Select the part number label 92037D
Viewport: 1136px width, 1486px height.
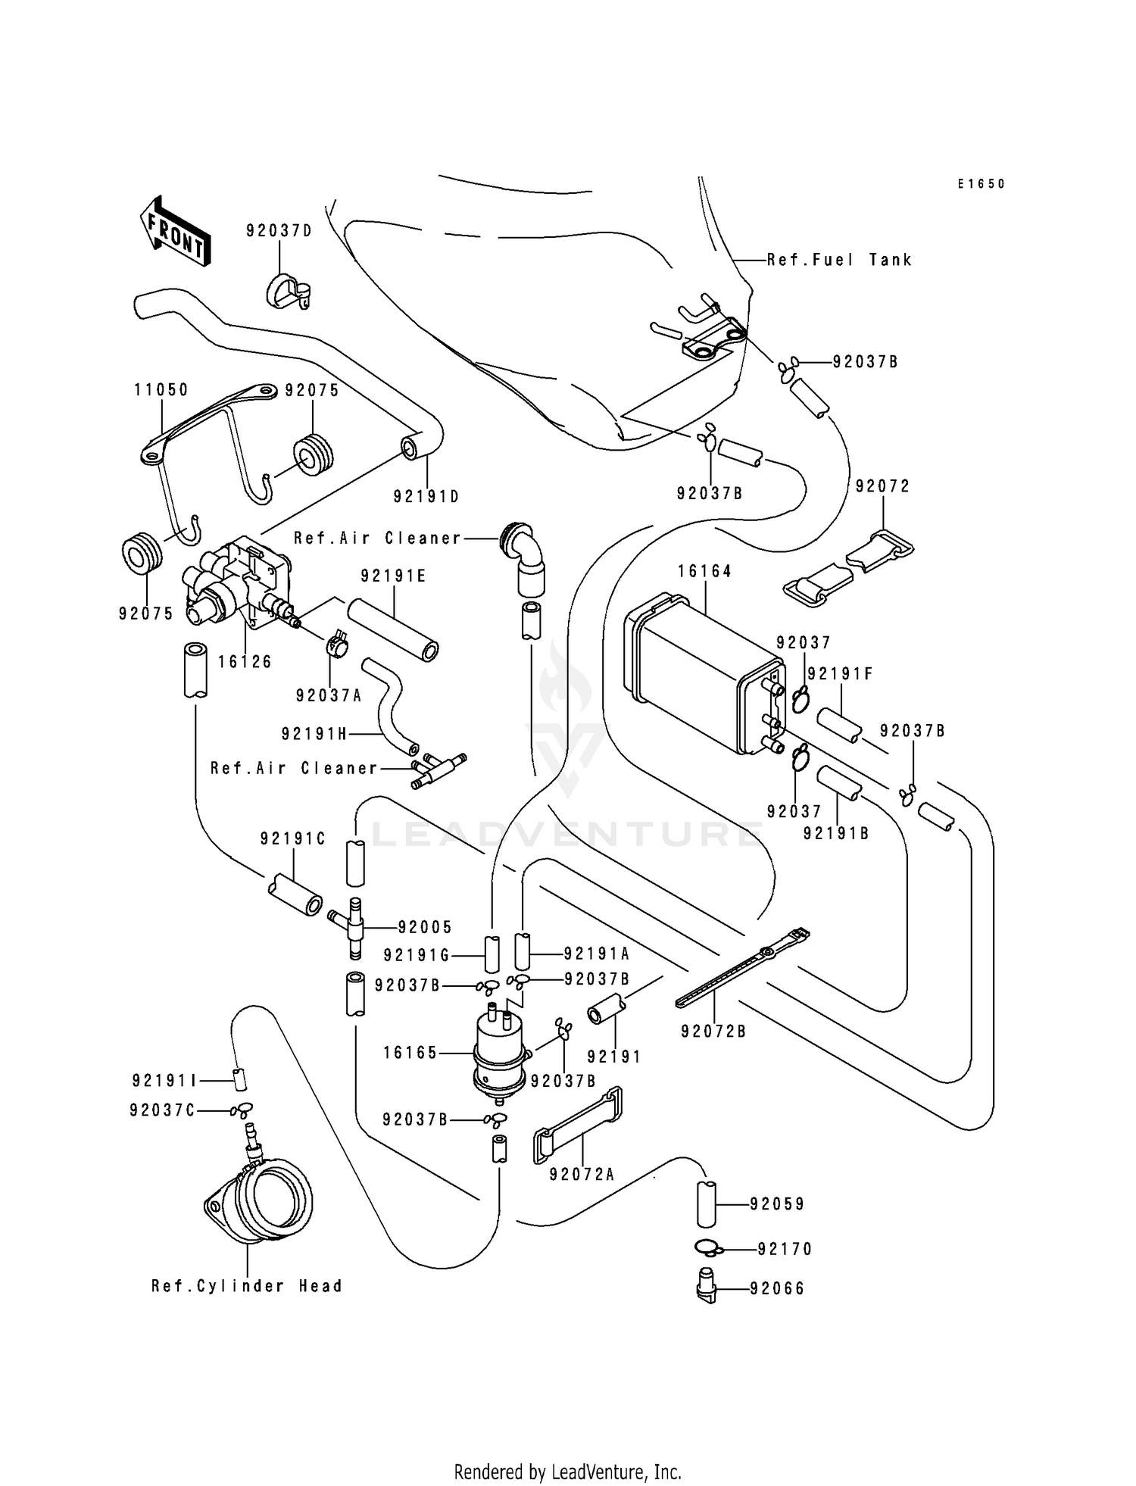point(279,231)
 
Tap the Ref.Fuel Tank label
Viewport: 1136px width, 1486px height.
point(839,260)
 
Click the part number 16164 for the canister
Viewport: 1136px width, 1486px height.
point(704,571)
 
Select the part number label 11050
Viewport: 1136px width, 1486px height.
point(161,390)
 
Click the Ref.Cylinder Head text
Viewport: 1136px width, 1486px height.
point(247,1286)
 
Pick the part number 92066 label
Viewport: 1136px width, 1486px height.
point(778,1288)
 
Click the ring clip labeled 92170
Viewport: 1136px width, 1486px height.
point(707,1247)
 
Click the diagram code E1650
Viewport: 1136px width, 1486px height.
point(981,184)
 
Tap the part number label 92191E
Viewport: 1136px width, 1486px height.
point(393,576)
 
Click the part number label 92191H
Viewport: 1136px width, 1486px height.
point(314,733)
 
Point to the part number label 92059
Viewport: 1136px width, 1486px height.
point(778,1203)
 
